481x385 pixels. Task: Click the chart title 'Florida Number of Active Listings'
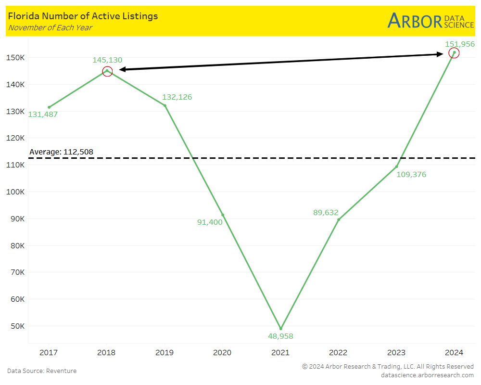tap(83, 16)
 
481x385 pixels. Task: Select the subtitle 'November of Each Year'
tap(50, 27)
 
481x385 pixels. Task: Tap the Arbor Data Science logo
tap(430, 21)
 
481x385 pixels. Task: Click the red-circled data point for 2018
tap(107, 71)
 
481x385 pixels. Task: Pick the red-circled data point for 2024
tap(454, 53)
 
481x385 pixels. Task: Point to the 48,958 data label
tap(280, 336)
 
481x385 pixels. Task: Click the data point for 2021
tap(281, 329)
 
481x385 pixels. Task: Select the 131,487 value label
tap(43, 115)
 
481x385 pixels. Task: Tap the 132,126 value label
tap(177, 97)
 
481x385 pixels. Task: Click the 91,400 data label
tap(210, 222)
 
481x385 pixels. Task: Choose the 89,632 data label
tap(326, 212)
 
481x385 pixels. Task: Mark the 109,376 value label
tap(411, 175)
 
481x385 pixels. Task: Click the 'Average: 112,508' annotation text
tap(61, 152)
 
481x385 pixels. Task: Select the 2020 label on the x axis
tap(222, 353)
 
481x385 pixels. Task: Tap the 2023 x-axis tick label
tap(396, 353)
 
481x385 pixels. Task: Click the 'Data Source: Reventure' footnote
tap(42, 371)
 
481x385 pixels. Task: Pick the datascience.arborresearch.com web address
tap(427, 375)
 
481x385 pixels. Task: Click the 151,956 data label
tap(459, 44)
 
